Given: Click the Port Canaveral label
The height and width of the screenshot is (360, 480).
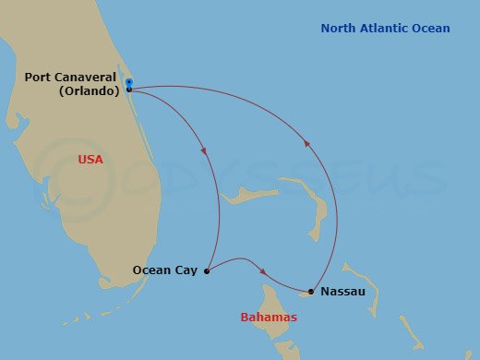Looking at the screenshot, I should [68, 77].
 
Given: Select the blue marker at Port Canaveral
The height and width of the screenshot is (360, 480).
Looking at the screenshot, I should [128, 83].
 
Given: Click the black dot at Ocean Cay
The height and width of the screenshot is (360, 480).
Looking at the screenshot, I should [207, 271].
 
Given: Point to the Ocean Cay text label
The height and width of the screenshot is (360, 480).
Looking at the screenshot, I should [165, 270].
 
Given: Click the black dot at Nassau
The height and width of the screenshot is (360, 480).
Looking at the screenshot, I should [311, 292].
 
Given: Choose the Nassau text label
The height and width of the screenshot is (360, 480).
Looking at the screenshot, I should [342, 292].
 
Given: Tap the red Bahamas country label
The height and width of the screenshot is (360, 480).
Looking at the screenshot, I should [269, 318].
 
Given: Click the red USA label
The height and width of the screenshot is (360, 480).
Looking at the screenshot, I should [90, 160].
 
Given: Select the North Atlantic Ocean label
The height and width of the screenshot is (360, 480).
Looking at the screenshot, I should [385, 29].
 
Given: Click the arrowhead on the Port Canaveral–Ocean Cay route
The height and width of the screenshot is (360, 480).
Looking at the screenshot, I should [203, 151].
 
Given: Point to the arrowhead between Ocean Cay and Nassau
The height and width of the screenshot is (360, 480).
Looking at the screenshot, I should [264, 271].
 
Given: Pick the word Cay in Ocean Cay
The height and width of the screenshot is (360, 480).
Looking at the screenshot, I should [186, 270].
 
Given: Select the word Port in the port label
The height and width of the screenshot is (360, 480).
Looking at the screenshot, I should [38, 77].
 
